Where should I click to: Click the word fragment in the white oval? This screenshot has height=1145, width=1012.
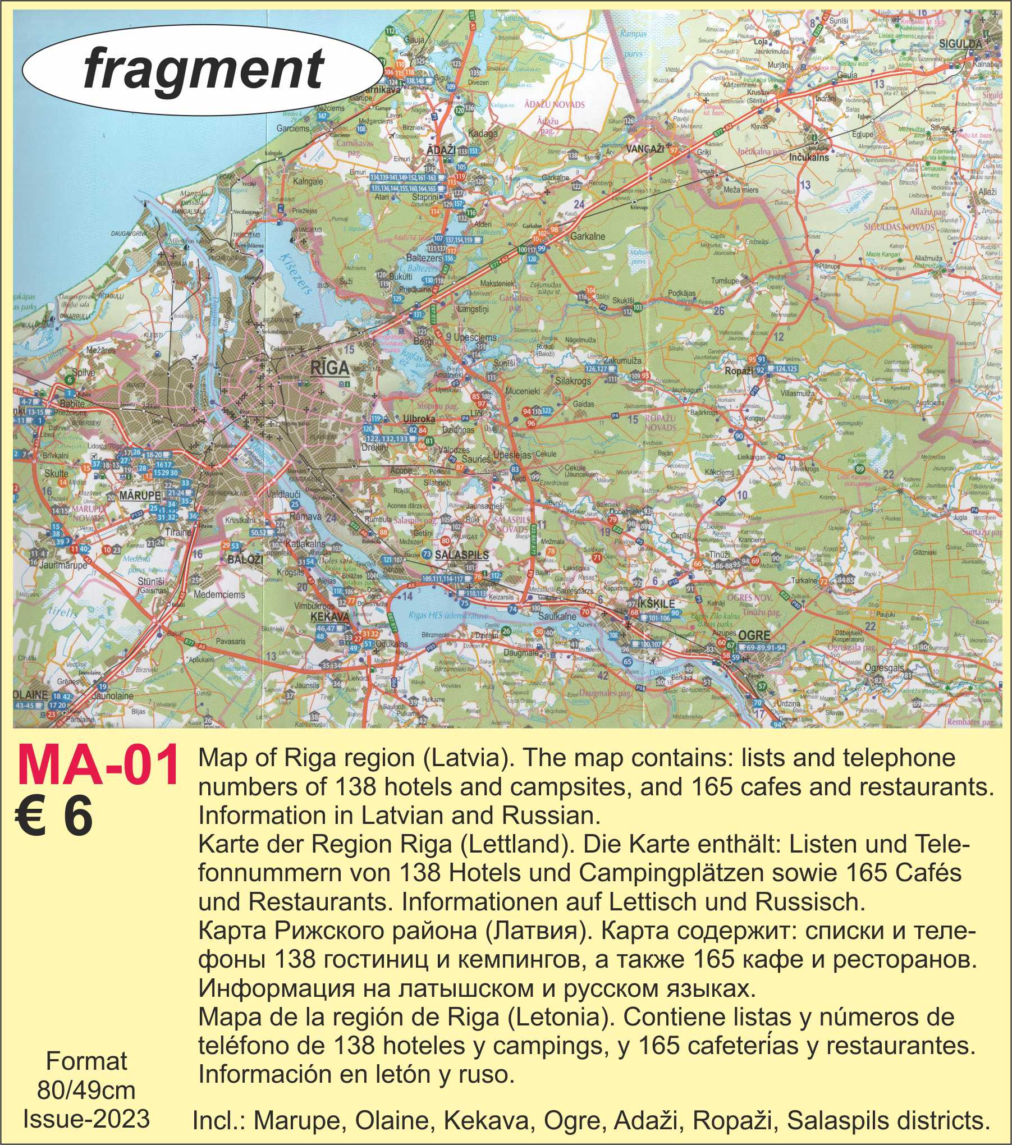(x=204, y=68)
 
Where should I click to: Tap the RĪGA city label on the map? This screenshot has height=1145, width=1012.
(x=329, y=368)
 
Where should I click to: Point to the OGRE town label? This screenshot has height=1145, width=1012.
(x=754, y=636)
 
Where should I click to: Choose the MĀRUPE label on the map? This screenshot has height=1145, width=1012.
(x=140, y=496)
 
